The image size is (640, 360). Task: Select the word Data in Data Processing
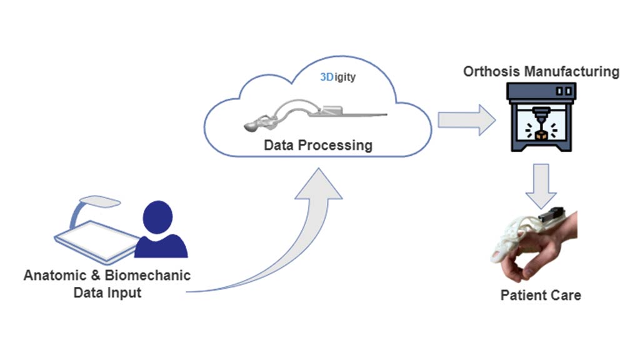282,146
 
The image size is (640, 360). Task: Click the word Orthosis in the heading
491,71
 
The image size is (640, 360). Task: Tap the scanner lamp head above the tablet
102,202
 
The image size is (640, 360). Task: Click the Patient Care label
541,294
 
